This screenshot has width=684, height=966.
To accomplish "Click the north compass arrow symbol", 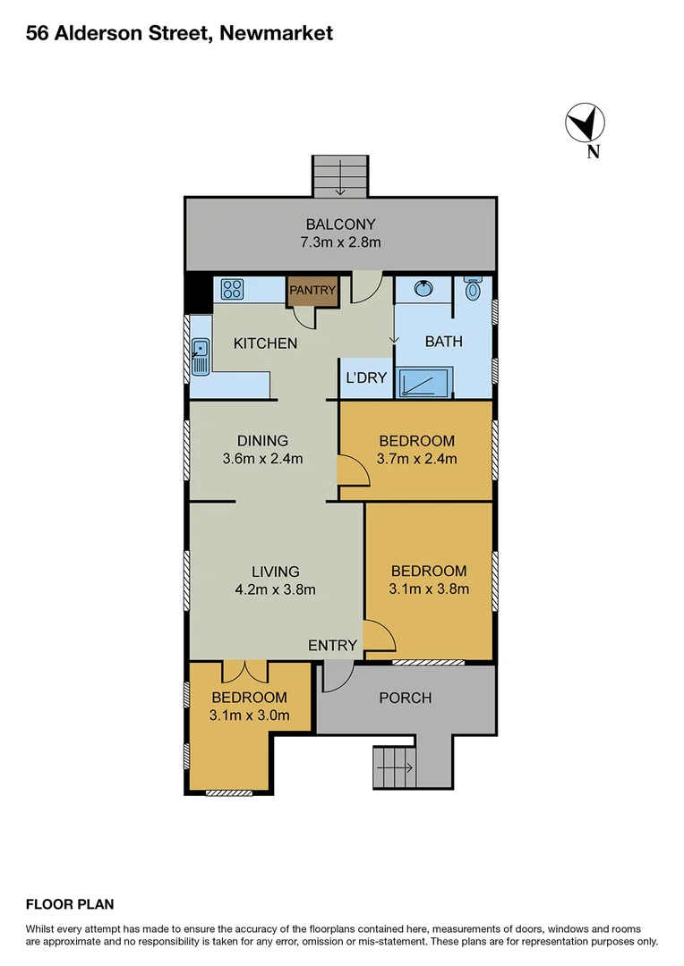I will (x=586, y=123).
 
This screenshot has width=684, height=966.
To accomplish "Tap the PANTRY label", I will (x=312, y=290).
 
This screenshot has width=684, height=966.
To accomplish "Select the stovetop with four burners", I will (x=233, y=289).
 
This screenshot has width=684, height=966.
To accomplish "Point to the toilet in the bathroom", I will (x=474, y=289).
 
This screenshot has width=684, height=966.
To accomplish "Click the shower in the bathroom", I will (x=426, y=382).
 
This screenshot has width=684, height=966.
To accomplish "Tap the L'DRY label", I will (x=366, y=377).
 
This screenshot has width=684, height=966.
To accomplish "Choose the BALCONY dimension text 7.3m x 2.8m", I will (x=340, y=242).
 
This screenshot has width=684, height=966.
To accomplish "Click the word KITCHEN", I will (x=265, y=343).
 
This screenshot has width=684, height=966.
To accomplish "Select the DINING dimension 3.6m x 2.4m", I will (x=262, y=460).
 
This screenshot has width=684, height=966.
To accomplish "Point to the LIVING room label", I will (x=275, y=572).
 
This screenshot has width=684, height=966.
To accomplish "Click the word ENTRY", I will (x=332, y=645).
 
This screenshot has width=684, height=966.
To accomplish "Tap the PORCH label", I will (x=406, y=698).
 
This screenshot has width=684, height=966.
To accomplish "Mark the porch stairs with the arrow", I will (x=394, y=767).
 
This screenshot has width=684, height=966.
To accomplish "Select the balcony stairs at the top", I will (x=340, y=175).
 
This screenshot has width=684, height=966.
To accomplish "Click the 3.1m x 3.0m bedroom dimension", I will (x=249, y=715).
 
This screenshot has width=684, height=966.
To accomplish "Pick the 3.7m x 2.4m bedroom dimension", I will (x=416, y=460).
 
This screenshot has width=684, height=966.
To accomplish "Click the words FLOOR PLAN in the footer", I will (x=70, y=904).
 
